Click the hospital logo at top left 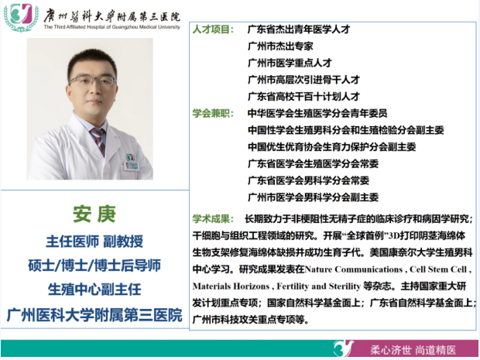pyautogui.click(x=21, y=18)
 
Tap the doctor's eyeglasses pyautogui.click(x=92, y=81)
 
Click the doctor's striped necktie pyautogui.click(x=98, y=141)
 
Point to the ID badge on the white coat pyautogui.click(x=132, y=163)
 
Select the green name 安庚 pyautogui.click(x=94, y=214)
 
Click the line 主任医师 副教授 pyautogui.click(x=94, y=242)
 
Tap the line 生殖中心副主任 pyautogui.click(x=94, y=290)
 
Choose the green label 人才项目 pyautogui.click(x=213, y=29)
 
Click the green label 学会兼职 pyautogui.click(x=213, y=113)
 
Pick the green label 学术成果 pyautogui.click(x=213, y=219)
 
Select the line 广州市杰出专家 pyautogui.click(x=280, y=46)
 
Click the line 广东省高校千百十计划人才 pyautogui.click(x=303, y=97)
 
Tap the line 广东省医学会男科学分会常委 pyautogui.click(x=309, y=180)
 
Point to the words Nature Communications pyautogui.click(x=354, y=269)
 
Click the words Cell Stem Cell pyautogui.click(x=438, y=269)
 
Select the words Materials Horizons pyautogui.click(x=231, y=286)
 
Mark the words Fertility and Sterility pyautogui.click(x=319, y=286)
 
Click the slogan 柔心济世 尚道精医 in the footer pyautogui.click(x=413, y=350)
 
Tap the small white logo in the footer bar pyautogui.click(x=344, y=348)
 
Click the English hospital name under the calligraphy pyautogui.click(x=111, y=27)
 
